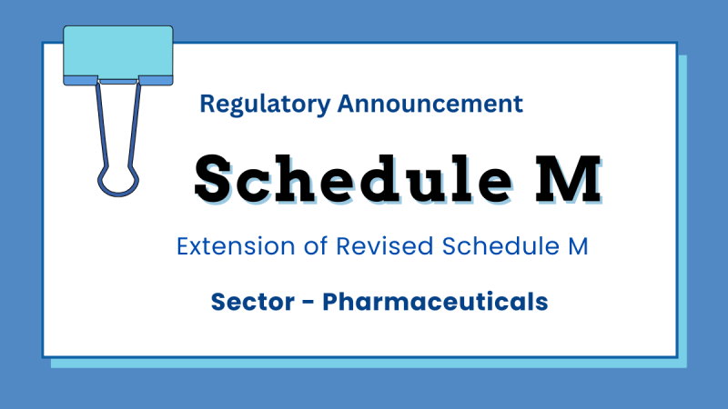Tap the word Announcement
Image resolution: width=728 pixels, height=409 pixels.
430,104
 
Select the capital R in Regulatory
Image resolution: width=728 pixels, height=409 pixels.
207,104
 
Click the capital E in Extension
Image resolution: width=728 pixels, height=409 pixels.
183,245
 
